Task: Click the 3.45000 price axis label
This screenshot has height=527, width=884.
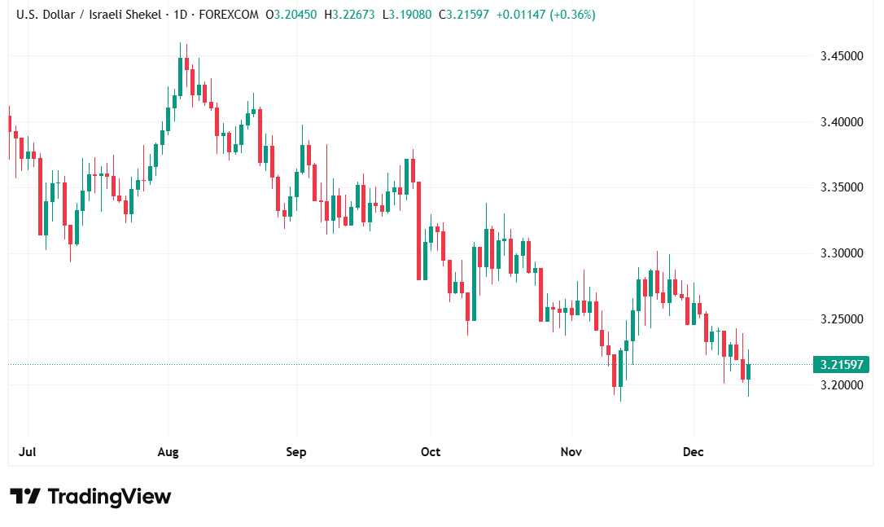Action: [841, 56]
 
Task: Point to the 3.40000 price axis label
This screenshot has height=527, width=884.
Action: [841, 122]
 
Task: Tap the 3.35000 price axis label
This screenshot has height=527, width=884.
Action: [841, 187]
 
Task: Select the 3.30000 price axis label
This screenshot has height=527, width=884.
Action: [841, 253]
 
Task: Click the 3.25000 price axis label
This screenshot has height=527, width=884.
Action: [841, 319]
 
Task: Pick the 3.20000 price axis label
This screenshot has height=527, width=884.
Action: [841, 384]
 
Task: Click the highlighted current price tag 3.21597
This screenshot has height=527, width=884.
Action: [841, 364]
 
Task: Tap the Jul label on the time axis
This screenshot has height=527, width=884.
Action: [28, 451]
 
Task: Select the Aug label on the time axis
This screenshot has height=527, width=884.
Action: [168, 451]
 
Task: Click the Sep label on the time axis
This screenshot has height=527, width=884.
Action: [296, 451]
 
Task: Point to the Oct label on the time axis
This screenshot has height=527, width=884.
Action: [430, 451]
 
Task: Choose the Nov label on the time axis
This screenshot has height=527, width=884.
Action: [571, 451]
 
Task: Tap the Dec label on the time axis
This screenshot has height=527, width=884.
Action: [694, 451]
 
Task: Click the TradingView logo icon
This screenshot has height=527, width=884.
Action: [25, 496]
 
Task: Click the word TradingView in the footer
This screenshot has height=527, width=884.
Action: [109, 496]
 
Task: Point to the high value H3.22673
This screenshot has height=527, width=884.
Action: [349, 14]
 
